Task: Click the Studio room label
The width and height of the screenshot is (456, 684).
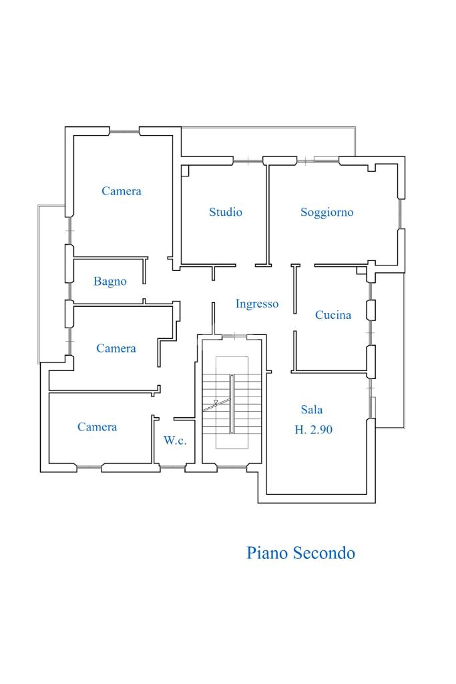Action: click(x=226, y=212)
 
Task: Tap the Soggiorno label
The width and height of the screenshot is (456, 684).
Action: click(x=326, y=212)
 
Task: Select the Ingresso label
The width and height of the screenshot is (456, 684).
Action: click(x=257, y=304)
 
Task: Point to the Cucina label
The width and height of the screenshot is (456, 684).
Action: click(x=333, y=315)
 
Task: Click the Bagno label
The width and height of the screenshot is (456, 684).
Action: click(x=109, y=281)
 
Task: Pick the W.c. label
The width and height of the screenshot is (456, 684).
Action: click(x=175, y=441)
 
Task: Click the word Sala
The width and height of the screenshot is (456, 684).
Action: click(x=312, y=410)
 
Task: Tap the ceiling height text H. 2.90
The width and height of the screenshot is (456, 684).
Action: click(x=314, y=430)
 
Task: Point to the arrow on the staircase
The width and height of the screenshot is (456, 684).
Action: click(x=215, y=403)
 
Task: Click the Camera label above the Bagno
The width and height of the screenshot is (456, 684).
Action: click(x=122, y=191)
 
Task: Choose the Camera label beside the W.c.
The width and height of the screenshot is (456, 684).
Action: click(x=97, y=427)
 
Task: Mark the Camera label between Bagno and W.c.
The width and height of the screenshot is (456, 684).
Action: click(x=116, y=348)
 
